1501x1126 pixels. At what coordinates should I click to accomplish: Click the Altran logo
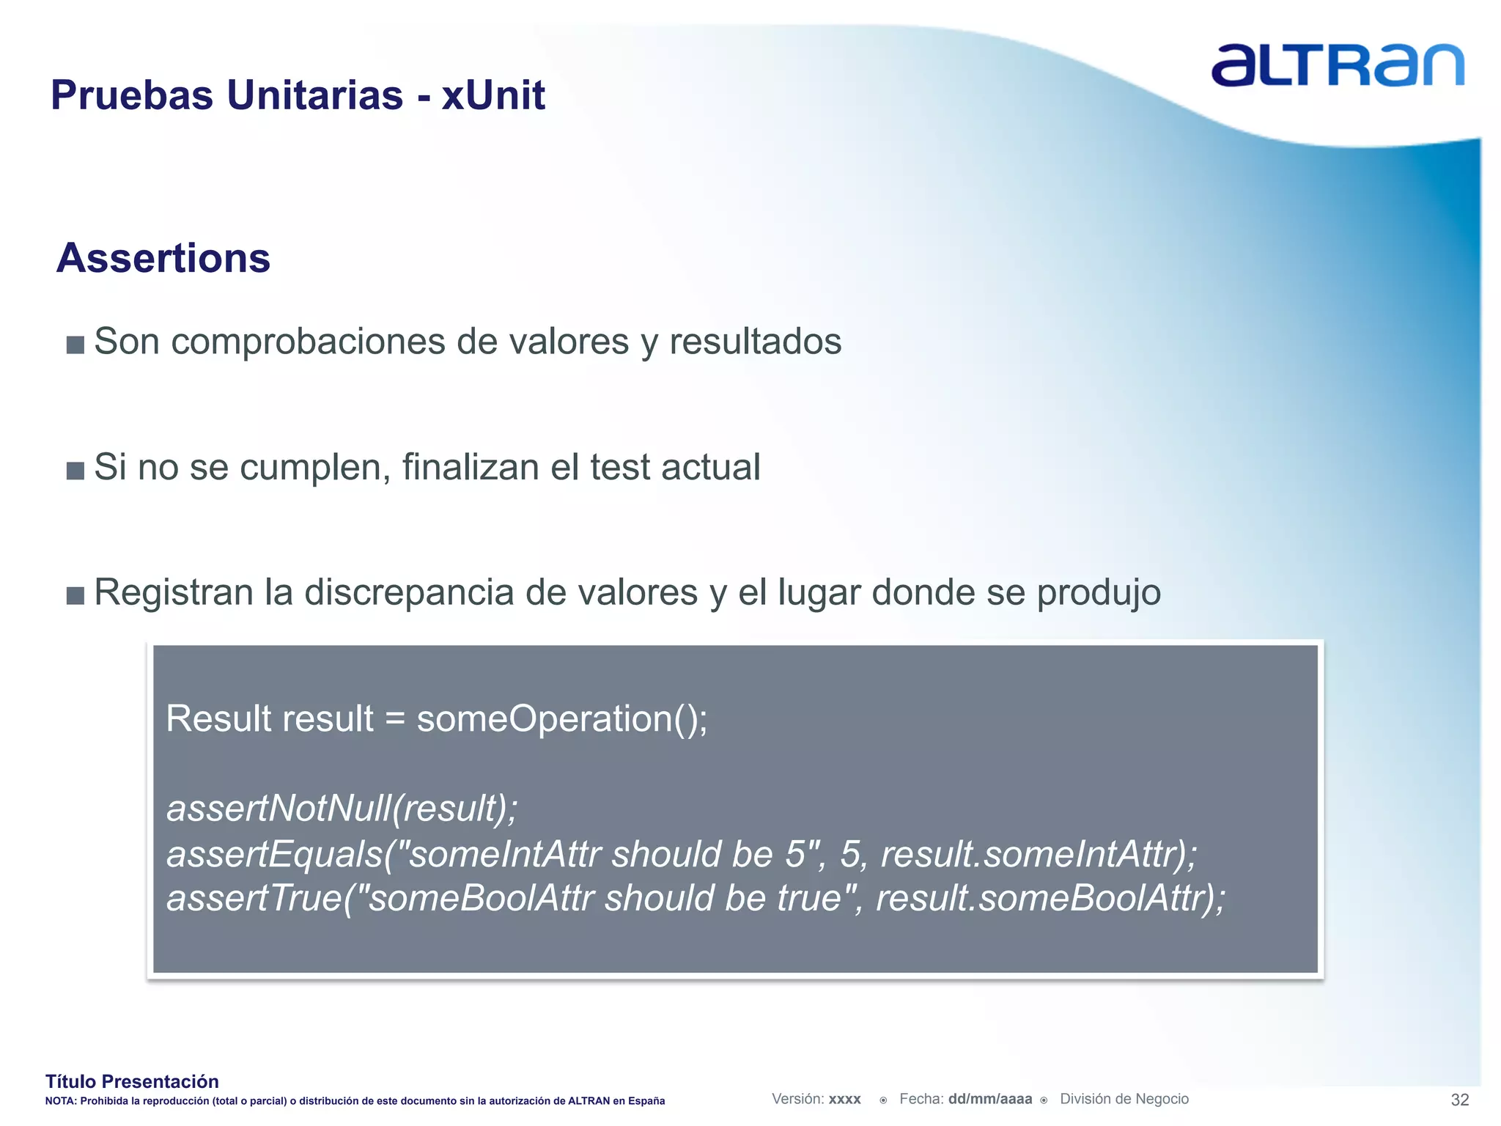click(x=1337, y=65)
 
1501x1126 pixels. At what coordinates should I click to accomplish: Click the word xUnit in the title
click(x=493, y=95)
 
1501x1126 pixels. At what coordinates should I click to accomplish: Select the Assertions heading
click(x=163, y=258)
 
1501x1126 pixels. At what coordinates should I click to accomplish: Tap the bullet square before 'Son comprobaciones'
click(x=75, y=345)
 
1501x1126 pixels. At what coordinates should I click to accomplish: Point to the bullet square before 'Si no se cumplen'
click(x=75, y=470)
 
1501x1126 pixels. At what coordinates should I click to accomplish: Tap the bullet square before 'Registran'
click(x=75, y=595)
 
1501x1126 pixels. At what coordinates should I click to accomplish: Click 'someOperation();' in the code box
click(x=562, y=718)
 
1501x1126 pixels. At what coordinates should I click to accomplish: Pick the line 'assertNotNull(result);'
click(x=342, y=809)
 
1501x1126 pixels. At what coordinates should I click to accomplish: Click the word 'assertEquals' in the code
click(x=275, y=855)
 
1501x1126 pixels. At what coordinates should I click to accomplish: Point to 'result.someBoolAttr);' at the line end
click(x=1050, y=899)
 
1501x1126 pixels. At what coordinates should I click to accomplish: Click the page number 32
click(x=1459, y=1100)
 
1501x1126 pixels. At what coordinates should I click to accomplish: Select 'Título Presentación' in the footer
click(x=132, y=1081)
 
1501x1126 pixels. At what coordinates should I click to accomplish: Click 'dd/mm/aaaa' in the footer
click(x=989, y=1099)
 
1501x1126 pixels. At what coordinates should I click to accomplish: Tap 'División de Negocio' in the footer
click(x=1124, y=1099)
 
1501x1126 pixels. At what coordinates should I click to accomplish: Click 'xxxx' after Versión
click(x=844, y=1100)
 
